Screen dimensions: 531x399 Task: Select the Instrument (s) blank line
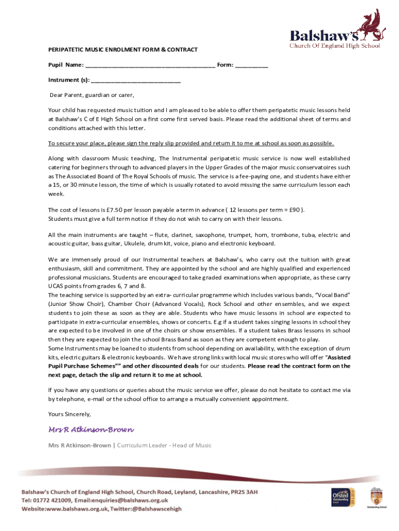(135, 81)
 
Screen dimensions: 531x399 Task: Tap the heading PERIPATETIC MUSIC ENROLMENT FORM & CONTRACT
(123, 50)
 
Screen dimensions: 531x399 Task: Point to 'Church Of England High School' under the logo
(335, 46)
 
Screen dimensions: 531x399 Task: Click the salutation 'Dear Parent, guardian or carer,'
(92, 95)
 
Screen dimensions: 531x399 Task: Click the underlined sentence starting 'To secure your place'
(191, 144)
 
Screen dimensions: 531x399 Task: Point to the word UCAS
(56, 286)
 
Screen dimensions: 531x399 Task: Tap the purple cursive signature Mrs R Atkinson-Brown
(91, 430)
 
